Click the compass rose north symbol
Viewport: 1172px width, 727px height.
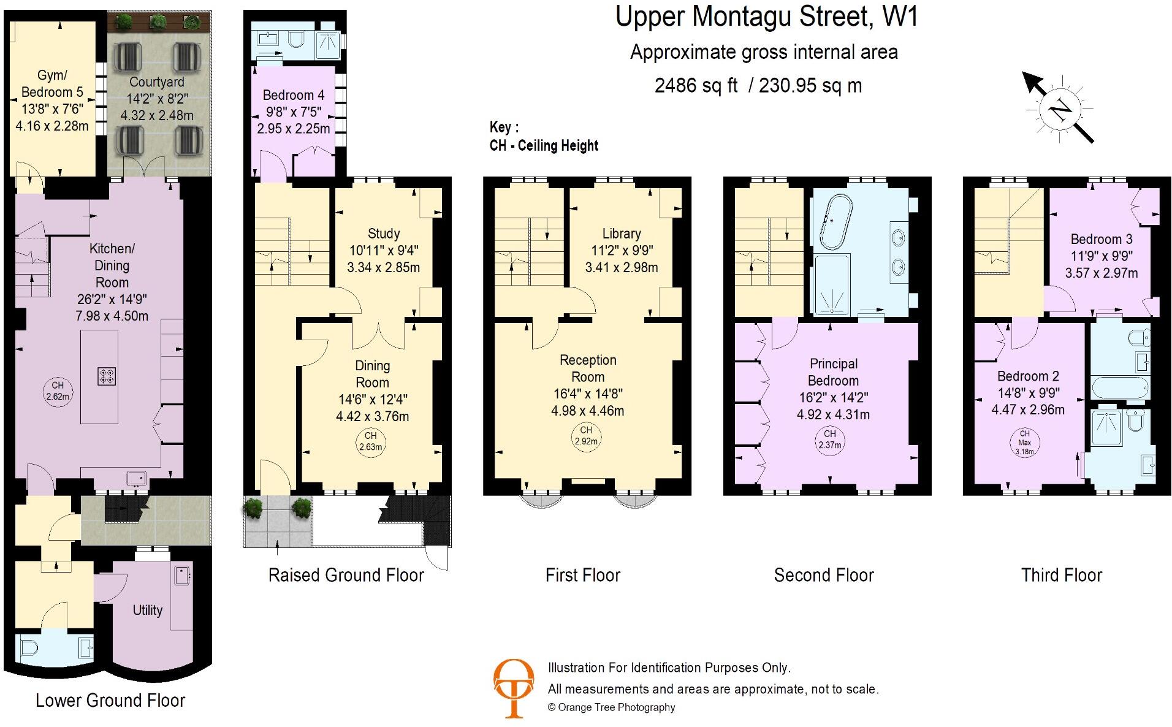point(1060,110)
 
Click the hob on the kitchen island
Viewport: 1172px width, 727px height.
point(107,376)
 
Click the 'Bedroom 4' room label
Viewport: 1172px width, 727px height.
point(294,96)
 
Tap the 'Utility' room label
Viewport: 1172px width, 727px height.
point(148,610)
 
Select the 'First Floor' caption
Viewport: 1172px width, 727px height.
point(583,575)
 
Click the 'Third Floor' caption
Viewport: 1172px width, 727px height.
point(1062,575)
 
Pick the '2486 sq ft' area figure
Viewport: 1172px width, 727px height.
point(696,85)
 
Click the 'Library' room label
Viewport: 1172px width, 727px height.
point(622,234)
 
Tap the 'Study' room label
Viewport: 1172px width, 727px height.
point(384,234)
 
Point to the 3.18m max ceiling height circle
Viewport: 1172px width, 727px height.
point(1024,442)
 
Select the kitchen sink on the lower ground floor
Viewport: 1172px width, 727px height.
point(135,478)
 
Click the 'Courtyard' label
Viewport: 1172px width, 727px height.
point(157,82)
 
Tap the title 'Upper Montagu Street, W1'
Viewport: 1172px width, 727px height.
point(766,17)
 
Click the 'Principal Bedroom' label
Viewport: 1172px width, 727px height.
point(833,372)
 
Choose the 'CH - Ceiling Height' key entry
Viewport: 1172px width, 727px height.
point(544,146)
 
